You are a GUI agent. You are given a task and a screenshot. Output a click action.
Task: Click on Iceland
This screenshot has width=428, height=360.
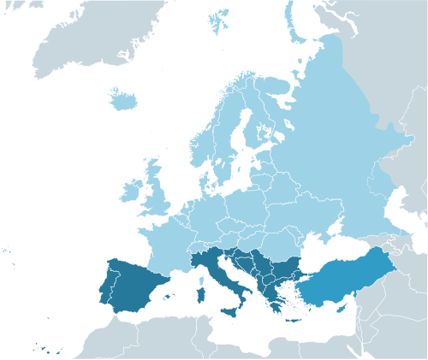point(124,100)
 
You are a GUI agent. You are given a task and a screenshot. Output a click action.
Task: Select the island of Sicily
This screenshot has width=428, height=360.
point(231,311)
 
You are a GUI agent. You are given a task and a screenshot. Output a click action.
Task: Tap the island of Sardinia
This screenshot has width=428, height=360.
point(202,295)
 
